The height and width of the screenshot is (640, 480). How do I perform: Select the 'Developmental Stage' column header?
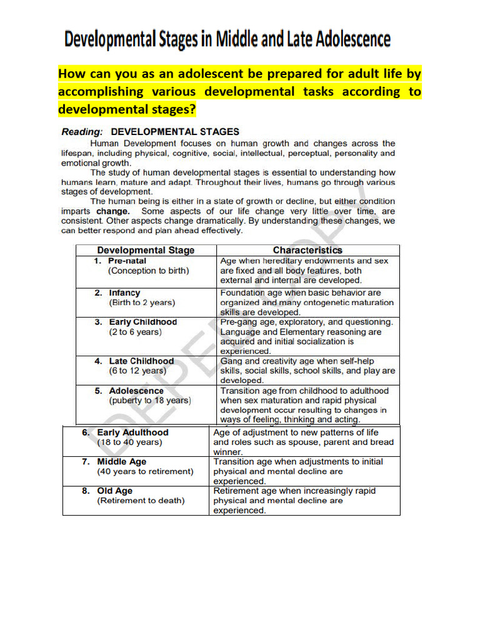point(146,250)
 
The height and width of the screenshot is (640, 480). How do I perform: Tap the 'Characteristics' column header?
point(307,250)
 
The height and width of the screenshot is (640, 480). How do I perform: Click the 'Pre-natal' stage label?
point(127,261)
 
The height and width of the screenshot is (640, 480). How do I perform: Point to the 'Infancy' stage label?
point(124,292)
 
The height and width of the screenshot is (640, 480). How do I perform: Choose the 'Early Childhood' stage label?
point(142,322)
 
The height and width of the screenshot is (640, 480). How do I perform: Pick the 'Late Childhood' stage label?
point(141,361)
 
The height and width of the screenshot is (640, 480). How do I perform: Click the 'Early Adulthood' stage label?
point(132,432)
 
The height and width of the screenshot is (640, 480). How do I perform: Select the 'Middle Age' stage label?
point(121,462)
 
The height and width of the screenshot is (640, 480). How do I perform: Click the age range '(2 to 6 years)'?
point(135,332)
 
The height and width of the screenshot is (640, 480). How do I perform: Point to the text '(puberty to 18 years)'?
point(150,401)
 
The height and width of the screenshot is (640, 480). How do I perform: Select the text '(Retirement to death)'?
point(141,501)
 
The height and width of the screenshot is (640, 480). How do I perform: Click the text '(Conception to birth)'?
point(148,271)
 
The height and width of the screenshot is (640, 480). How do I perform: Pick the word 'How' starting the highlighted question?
point(71,74)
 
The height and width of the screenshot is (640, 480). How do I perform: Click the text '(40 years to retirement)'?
point(145,472)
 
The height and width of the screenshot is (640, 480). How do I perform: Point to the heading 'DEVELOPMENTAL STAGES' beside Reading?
point(175,132)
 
